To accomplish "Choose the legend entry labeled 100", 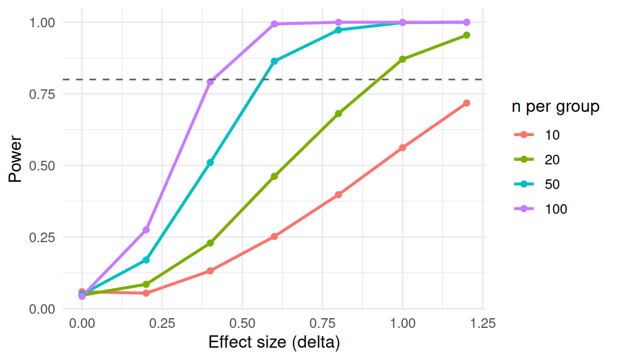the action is pos(540,209).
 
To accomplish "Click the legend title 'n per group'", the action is pos(555,107).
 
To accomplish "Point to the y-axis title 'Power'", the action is pos(16,159).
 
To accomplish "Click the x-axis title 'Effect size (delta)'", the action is pos(274,342).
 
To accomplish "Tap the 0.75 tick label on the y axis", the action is pos(42,94).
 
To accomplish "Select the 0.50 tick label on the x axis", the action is pos(243,324).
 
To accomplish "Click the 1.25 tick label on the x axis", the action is pos(483,324).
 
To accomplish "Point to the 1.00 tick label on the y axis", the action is pos(42,22).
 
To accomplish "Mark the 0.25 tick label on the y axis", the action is pos(42,237).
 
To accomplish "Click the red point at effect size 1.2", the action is pos(466,103).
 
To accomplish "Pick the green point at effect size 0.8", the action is pos(338,114).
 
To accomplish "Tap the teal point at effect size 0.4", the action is pos(210,162).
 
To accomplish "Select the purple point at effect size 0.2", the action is pos(146,230).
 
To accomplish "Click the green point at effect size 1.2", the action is pos(466,35).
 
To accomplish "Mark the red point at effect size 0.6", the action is pos(274,236).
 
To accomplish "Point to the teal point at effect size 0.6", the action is pos(274,61).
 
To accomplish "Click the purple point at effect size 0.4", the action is pos(210,82).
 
